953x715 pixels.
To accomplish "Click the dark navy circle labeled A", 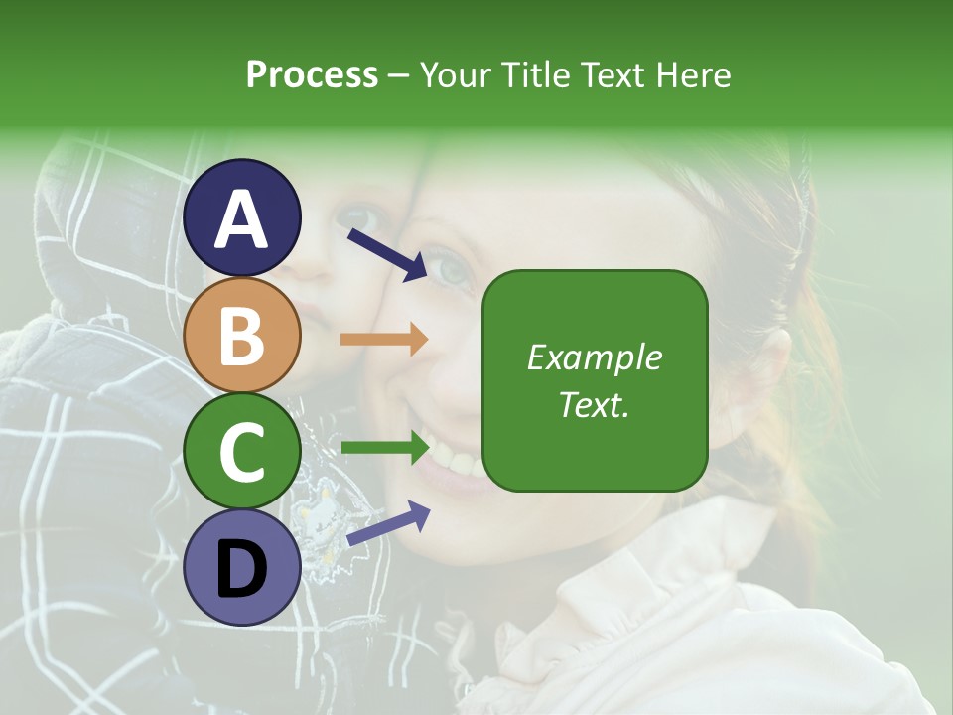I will (242, 217).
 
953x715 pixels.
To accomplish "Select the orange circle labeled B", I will (242, 335).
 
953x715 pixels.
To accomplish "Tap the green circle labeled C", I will (242, 452).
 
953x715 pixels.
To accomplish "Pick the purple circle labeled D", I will (242, 567).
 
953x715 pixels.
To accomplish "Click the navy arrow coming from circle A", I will (387, 253).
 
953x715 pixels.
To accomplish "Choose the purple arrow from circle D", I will (388, 523).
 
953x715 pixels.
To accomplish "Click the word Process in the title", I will (312, 75).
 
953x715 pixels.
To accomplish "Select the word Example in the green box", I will (594, 358).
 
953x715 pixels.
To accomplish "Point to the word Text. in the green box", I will (594, 405).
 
